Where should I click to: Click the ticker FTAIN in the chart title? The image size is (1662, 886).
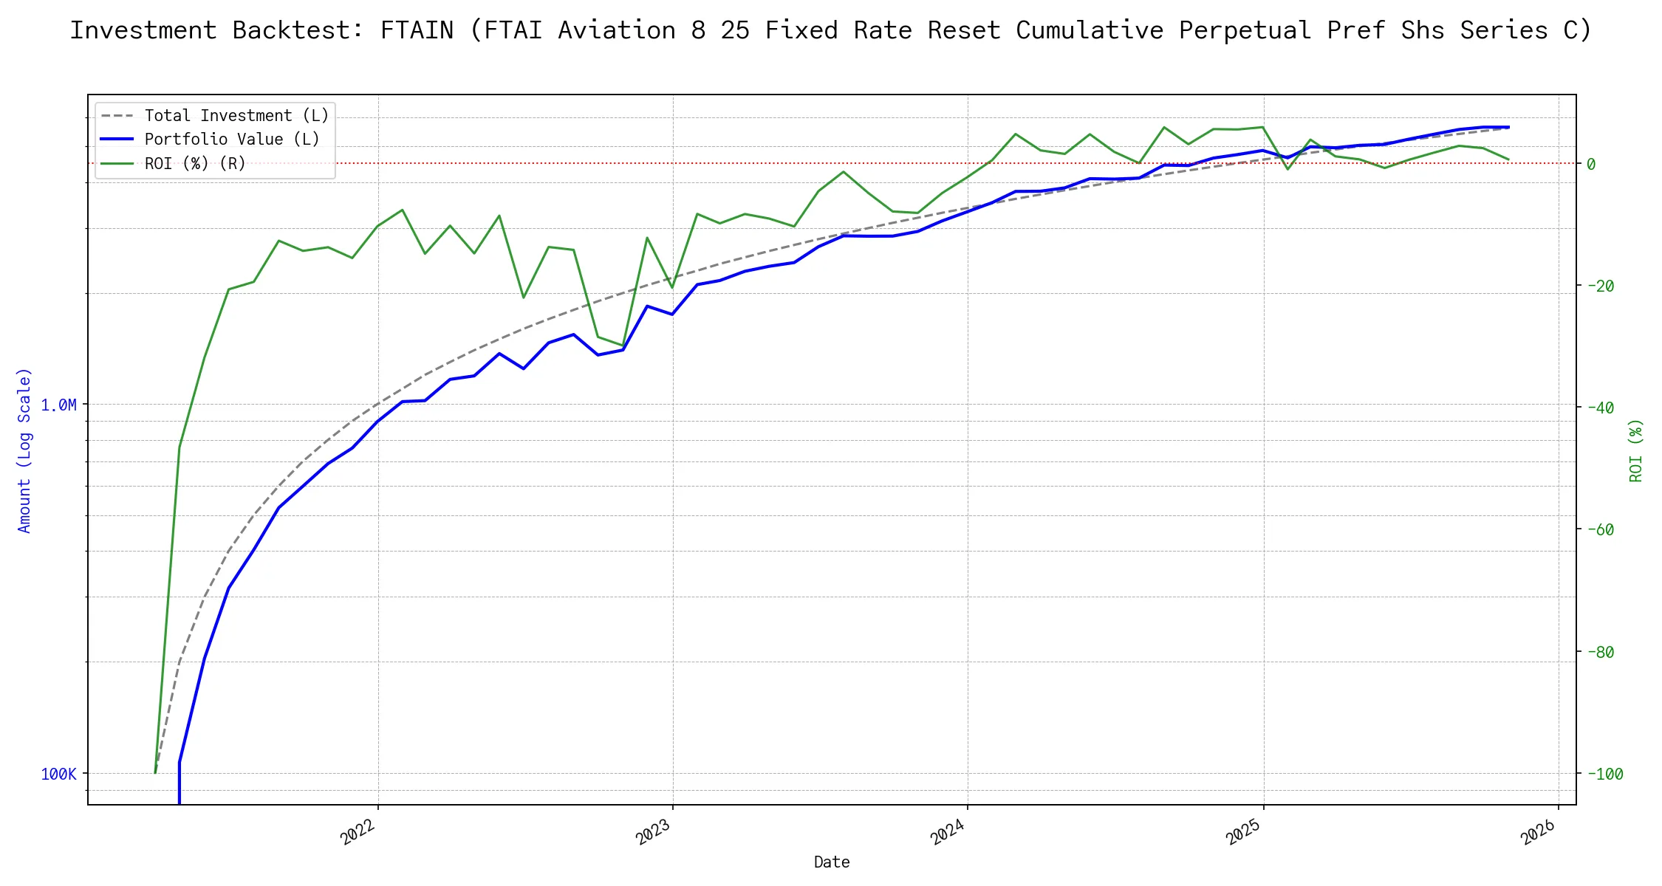coord(417,30)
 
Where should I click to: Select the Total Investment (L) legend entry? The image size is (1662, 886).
coord(236,116)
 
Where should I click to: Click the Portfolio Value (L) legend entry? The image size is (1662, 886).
coord(232,140)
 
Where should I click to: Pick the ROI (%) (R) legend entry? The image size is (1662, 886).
coord(195,163)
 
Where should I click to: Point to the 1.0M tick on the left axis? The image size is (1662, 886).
coord(58,405)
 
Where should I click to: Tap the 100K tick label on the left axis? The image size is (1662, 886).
coord(58,774)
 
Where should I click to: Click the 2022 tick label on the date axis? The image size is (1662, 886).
coord(359,832)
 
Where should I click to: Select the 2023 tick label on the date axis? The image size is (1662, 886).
coord(654,832)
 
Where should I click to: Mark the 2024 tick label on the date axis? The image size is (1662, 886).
coord(948,832)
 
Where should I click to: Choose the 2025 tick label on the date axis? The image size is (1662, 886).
coord(1244,832)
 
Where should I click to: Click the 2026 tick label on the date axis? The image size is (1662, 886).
coord(1539,832)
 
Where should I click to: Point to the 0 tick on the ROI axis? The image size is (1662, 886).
coord(1591,164)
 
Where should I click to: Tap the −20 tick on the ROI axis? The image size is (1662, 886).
coord(1600,286)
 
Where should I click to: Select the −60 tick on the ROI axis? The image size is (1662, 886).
coord(1600,529)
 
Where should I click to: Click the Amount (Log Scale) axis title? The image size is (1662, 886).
coord(24,450)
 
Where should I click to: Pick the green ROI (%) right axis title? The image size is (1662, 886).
coord(1635,450)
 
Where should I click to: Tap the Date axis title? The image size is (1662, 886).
coord(832,862)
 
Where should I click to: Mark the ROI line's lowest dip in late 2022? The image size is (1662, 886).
coord(623,345)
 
